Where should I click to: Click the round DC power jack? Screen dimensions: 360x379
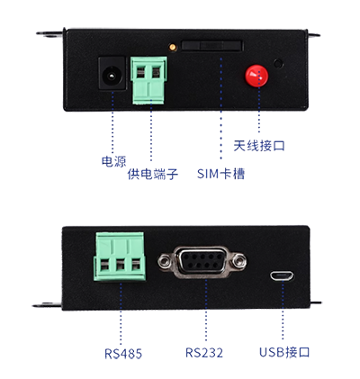pos(112,74)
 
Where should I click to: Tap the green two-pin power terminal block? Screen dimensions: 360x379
pos(148,80)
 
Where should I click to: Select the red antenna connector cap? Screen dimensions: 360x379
pos(256,76)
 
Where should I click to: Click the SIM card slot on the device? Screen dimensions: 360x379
pos(212,46)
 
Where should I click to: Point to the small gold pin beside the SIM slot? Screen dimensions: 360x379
pos(173,47)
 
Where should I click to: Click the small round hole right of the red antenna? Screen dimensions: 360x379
pos(279,63)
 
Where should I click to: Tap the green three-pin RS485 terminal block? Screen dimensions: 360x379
pos(120,257)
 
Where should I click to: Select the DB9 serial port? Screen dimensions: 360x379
pos(202,262)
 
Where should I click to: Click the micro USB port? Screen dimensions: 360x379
pos(282,276)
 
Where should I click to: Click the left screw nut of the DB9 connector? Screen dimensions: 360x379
pos(164,261)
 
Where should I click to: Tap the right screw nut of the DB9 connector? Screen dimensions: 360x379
pos(240,260)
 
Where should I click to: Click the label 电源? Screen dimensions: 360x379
pos(113,161)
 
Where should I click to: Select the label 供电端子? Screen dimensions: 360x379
pos(153,174)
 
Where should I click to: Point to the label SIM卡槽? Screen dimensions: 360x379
pos(220,174)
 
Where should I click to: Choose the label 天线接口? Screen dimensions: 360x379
pos(259,146)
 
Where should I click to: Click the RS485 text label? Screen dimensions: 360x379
pos(123,354)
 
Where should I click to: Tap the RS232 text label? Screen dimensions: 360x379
pos(204,353)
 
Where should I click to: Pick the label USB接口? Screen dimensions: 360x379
pos(284,352)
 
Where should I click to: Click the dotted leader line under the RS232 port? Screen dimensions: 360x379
pos(206,311)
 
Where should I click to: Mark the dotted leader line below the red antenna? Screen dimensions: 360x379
pos(259,110)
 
